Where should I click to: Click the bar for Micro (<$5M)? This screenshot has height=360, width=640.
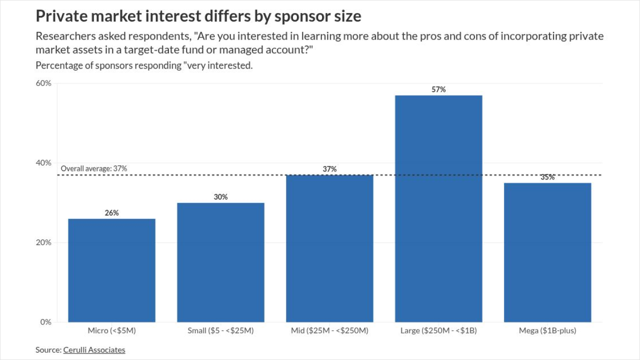(111, 270)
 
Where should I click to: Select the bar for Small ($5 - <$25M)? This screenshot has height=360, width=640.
(220, 262)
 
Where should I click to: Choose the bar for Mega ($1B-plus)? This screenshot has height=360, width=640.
(547, 252)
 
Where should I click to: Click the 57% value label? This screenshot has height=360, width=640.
(438, 89)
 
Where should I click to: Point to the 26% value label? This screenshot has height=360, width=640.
(111, 213)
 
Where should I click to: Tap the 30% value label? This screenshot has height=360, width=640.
(220, 197)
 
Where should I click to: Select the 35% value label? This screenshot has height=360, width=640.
(547, 177)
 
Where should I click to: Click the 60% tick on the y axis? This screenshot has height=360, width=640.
(43, 83)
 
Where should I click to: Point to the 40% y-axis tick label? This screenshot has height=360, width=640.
(43, 162)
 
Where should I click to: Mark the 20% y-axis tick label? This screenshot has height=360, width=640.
(43, 242)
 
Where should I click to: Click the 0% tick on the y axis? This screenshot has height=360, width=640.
(45, 322)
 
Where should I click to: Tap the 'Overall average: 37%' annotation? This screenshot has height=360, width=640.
(94, 168)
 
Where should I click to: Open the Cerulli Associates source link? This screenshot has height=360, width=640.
(94, 350)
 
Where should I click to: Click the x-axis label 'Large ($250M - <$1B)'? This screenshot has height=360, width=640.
(438, 330)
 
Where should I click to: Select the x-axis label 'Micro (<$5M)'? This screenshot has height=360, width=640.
(111, 330)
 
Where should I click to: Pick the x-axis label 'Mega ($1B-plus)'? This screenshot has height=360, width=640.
(547, 330)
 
